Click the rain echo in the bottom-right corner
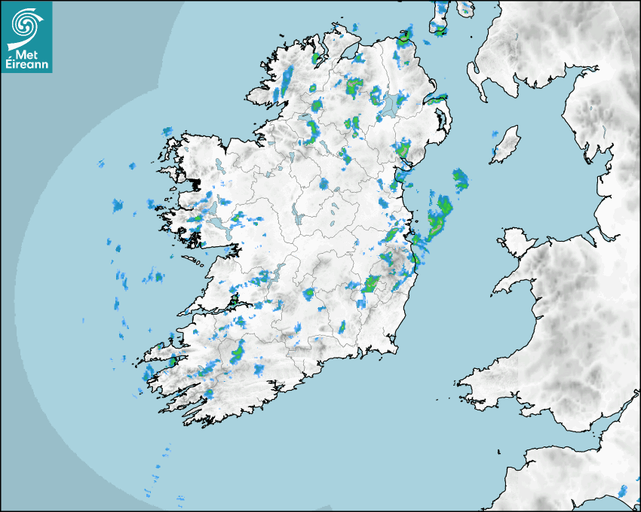[x=624, y=492]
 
